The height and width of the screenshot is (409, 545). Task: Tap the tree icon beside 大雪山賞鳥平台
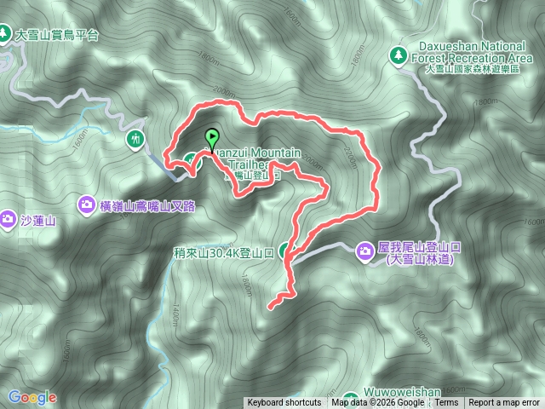[x=7, y=34]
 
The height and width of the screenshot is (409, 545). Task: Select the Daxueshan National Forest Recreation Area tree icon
[x=397, y=55]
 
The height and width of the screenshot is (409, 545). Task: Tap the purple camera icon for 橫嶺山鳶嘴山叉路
[x=87, y=204]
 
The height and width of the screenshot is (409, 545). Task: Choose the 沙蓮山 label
[x=37, y=221]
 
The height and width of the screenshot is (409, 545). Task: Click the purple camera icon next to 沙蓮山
[x=8, y=219]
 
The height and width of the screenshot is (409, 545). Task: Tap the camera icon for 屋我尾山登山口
[x=364, y=251]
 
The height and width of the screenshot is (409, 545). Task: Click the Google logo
[x=32, y=397]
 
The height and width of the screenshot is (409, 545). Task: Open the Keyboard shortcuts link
[x=284, y=403]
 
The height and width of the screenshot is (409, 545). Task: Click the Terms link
[x=447, y=403]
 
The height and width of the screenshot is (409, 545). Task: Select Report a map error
[x=504, y=403]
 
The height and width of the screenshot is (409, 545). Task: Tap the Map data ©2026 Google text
[x=378, y=403]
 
